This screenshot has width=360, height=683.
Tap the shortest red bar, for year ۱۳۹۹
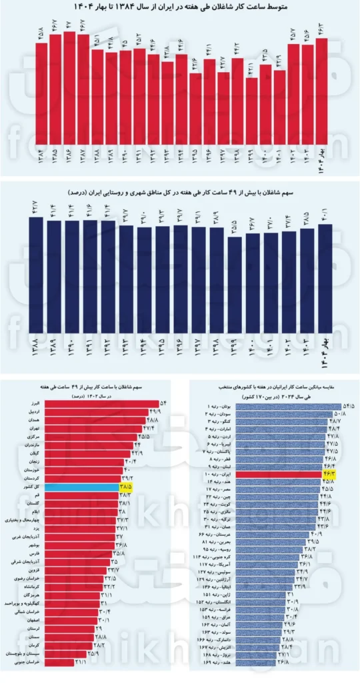[x=251, y=111]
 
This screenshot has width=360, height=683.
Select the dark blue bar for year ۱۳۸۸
[x=36, y=273]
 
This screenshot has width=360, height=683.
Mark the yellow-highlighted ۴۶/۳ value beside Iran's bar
[x=331, y=474]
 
